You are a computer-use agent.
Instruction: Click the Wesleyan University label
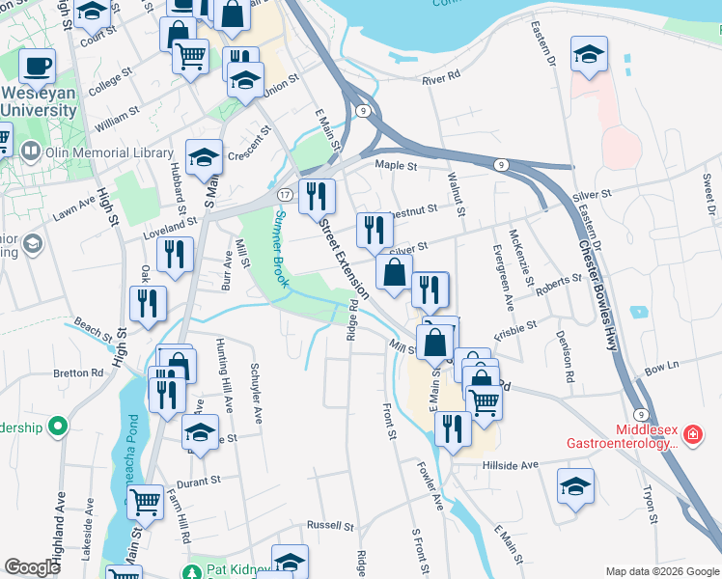click(x=39, y=101)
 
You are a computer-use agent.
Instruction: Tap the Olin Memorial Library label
click(x=100, y=152)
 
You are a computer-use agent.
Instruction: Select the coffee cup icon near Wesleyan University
click(x=37, y=68)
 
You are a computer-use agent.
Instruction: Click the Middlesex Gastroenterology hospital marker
click(x=691, y=437)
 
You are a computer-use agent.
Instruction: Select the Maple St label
click(x=396, y=166)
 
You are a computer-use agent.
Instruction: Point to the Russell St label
click(x=330, y=526)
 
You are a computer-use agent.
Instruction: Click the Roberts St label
click(x=560, y=286)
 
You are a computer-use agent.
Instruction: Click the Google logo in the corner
click(x=33, y=567)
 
